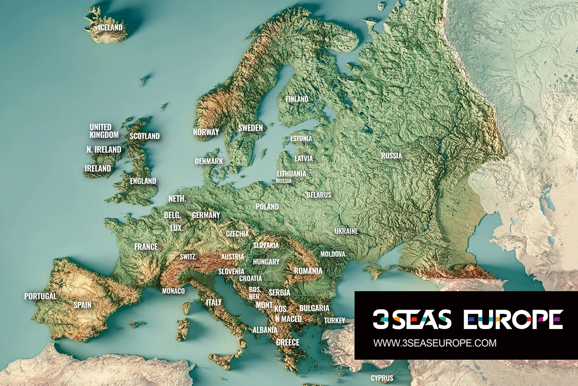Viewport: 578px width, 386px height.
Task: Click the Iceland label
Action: coord(110,28)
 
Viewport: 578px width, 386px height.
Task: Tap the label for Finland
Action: coord(297,99)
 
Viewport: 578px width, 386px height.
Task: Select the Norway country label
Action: coord(206,132)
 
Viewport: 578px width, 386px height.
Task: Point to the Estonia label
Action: coord(301,139)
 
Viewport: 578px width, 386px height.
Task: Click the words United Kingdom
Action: coord(104,131)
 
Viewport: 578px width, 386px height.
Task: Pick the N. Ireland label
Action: coord(104,150)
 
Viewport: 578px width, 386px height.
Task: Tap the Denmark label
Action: coord(209,161)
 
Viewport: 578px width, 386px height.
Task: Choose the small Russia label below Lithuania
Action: coord(284,181)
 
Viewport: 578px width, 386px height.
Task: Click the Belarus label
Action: coord(319,195)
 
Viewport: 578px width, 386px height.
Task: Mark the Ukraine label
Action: coord(346,231)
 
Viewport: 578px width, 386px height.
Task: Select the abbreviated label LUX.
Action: coord(177,228)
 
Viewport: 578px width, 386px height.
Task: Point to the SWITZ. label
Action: coord(188,257)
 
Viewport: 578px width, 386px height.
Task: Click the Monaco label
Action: coord(173,291)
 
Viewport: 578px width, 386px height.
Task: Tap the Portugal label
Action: coord(40,296)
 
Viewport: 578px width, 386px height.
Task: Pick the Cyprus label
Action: coord(382,378)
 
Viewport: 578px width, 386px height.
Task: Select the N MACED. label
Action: coord(289,319)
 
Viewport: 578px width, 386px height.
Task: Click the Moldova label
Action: coord(333,254)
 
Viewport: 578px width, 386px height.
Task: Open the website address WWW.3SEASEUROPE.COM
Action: coord(435,343)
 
